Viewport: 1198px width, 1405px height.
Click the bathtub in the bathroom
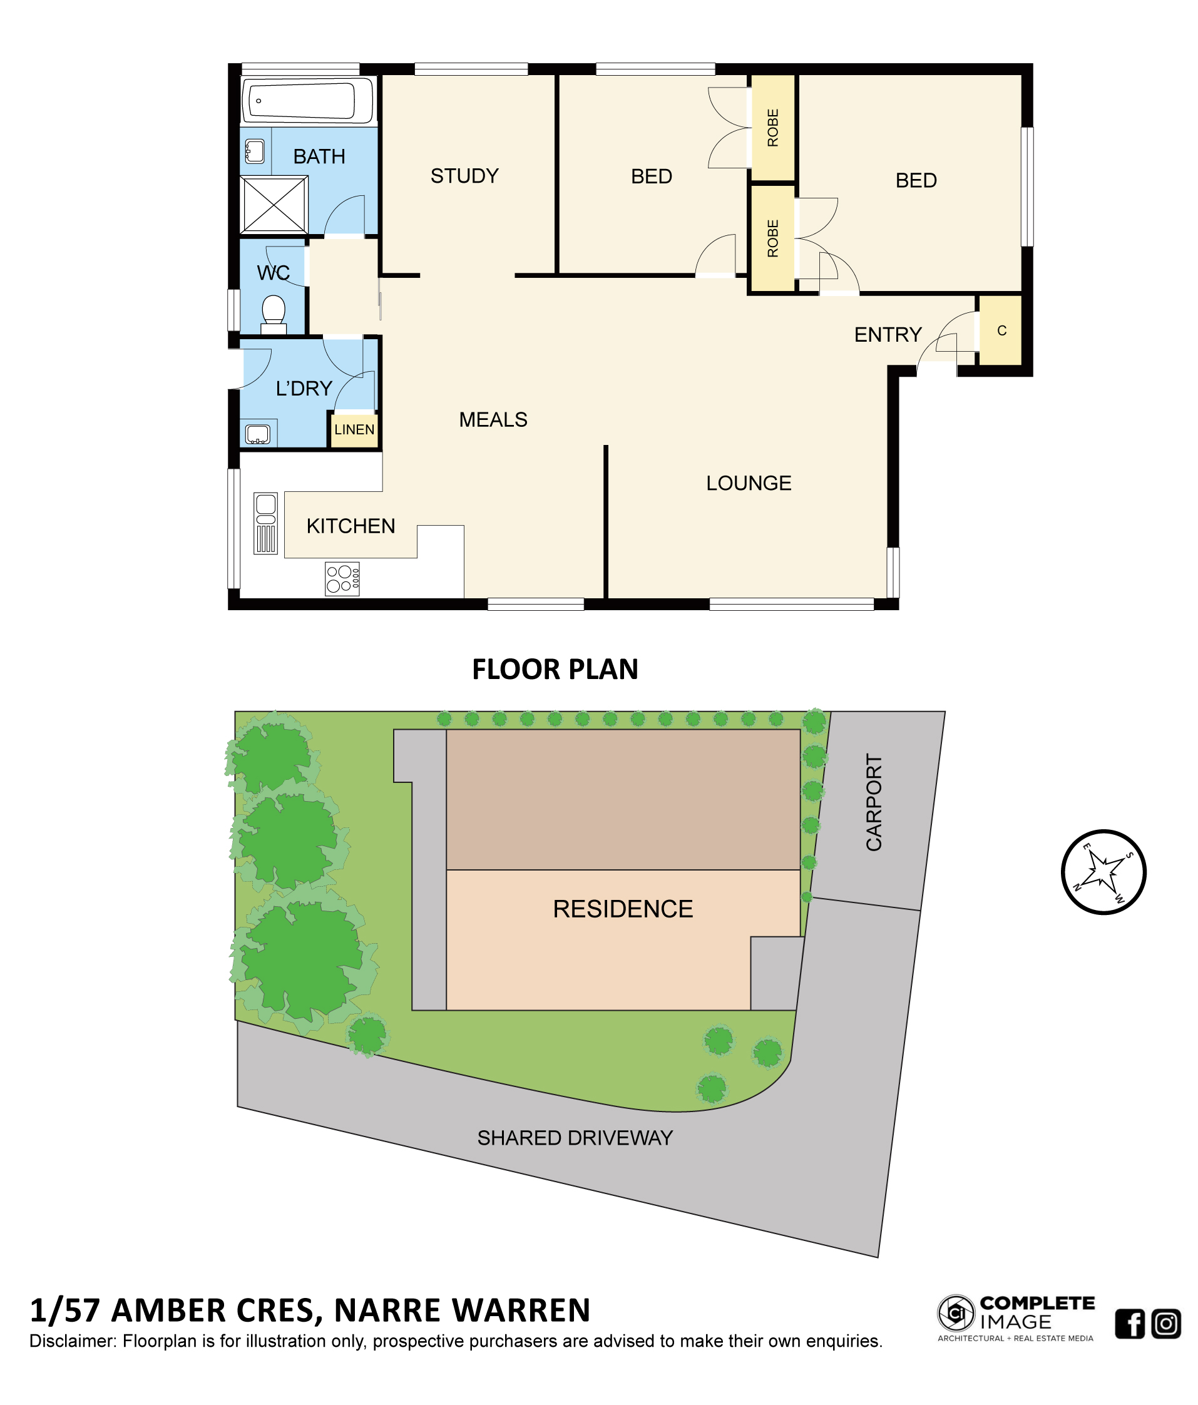pyautogui.click(x=307, y=100)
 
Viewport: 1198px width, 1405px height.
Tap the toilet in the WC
pyautogui.click(x=274, y=314)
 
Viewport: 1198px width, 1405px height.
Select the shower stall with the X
pyautogui.click(x=274, y=204)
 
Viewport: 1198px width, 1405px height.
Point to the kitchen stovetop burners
pyautogui.click(x=342, y=578)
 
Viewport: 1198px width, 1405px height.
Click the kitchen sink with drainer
pyautogui.click(x=266, y=523)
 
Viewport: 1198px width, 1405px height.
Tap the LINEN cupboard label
pyautogui.click(x=354, y=429)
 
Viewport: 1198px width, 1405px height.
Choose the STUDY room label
pyautogui.click(x=464, y=176)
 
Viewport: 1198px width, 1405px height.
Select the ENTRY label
pyautogui.click(x=888, y=334)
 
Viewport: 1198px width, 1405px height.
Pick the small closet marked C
pyautogui.click(x=1000, y=330)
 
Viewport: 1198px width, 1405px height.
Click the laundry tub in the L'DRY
pyautogui.click(x=258, y=433)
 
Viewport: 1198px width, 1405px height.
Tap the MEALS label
pyautogui.click(x=493, y=420)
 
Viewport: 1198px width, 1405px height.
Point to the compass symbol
pyautogui.click(x=1103, y=872)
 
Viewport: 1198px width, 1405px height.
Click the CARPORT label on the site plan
pyautogui.click(x=874, y=802)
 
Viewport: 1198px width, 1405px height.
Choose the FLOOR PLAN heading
pyautogui.click(x=555, y=669)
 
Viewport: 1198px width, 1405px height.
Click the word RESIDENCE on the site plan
pyautogui.click(x=623, y=909)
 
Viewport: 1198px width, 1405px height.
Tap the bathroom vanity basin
pyautogui.click(x=254, y=151)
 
